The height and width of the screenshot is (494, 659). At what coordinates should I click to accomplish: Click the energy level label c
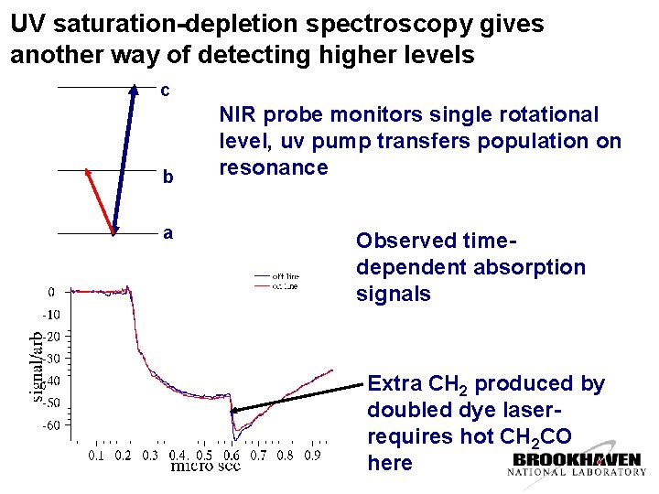[x=165, y=92]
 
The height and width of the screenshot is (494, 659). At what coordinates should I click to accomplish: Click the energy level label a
[x=167, y=233]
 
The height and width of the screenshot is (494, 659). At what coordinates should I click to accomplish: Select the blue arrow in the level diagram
[x=124, y=160]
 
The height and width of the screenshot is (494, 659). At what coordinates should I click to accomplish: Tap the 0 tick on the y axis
[x=51, y=293]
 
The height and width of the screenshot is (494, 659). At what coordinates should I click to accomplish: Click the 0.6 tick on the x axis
[x=232, y=455]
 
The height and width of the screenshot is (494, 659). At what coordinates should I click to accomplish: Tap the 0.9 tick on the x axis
[x=312, y=455]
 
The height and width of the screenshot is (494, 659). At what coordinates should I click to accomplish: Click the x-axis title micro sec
[x=206, y=467]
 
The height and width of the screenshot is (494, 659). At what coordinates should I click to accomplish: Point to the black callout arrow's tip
[x=233, y=413]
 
